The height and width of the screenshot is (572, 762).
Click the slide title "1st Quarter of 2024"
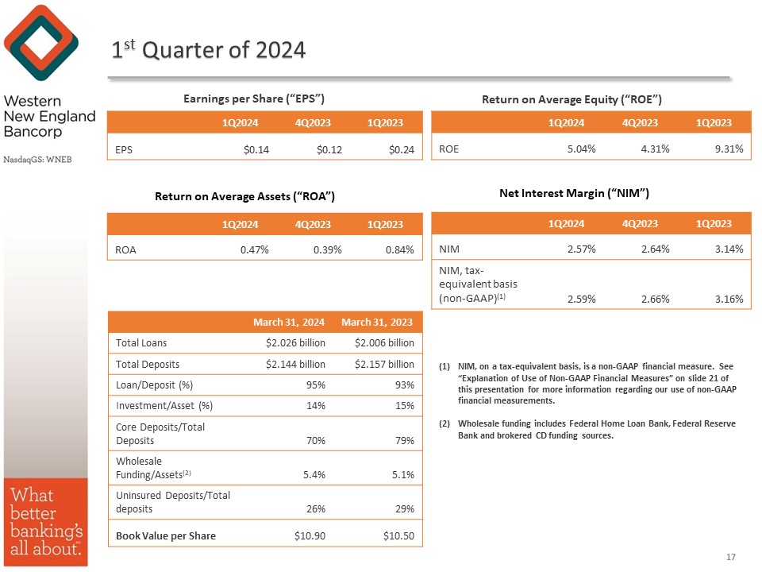208,50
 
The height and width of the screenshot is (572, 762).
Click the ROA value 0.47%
255,249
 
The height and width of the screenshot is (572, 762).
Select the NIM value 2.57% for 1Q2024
581,249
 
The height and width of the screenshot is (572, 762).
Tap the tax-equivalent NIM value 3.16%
728,299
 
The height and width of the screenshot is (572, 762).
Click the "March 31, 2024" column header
288,322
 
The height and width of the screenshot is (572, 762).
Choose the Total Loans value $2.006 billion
383,343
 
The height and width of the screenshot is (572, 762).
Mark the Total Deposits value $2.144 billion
294,364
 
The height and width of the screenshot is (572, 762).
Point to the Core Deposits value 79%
404,439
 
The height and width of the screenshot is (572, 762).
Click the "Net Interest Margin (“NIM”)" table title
575,193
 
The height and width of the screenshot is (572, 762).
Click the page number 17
731,557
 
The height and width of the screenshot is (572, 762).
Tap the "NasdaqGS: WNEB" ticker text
37,159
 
